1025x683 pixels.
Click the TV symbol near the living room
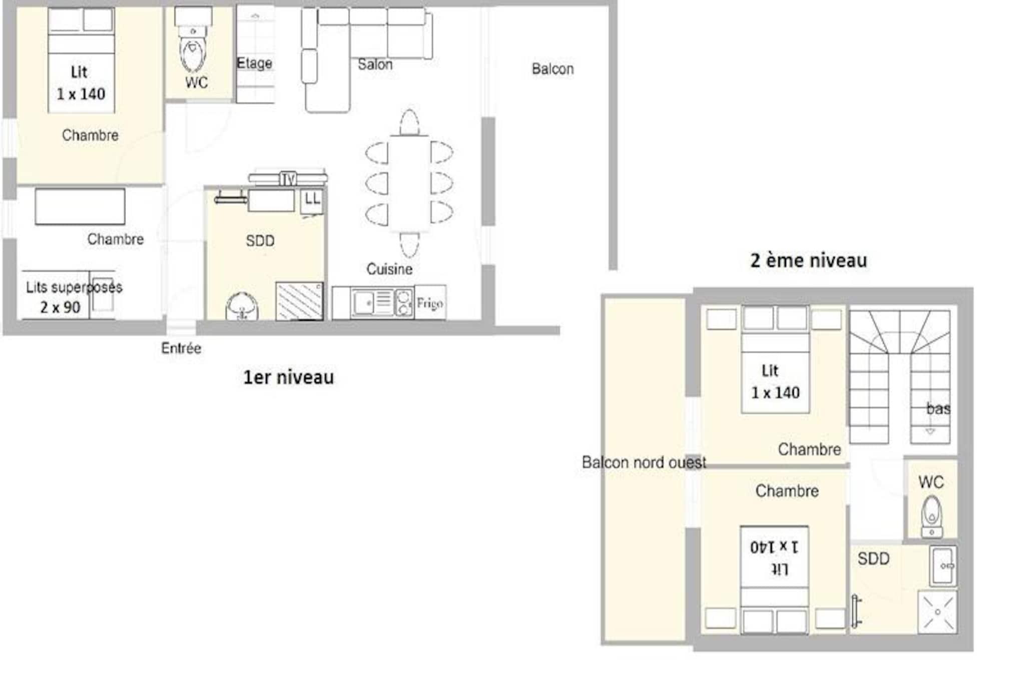tap(288, 178)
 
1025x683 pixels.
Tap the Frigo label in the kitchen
tap(429, 303)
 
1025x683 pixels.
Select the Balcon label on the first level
tap(553, 69)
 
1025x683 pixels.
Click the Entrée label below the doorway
tap(181, 348)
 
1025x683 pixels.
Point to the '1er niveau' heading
tap(288, 377)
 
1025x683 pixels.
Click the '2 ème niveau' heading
tap(808, 260)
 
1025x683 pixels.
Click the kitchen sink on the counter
tap(363, 303)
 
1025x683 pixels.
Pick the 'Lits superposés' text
tap(74, 287)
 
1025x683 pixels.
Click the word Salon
tap(375, 65)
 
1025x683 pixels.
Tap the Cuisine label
tap(389, 269)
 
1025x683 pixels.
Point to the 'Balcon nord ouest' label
tap(644, 462)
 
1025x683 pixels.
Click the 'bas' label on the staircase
tap(938, 409)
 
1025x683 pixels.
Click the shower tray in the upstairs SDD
tap(937, 612)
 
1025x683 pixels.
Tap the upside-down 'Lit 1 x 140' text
tap(774, 557)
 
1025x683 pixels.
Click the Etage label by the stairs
tap(254, 63)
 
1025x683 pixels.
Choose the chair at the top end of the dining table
tap(409, 122)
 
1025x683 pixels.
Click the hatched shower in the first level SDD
tap(299, 301)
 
